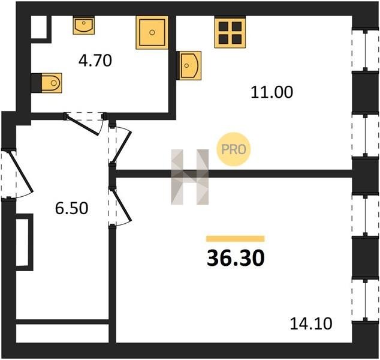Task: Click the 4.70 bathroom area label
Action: [x=95, y=61]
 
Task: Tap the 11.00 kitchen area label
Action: [x=272, y=92]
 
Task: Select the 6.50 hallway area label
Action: [x=71, y=208]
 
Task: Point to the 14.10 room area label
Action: [x=311, y=323]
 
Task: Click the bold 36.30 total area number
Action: [x=236, y=258]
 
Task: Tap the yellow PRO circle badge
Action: [x=233, y=149]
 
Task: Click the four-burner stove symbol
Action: [x=230, y=32]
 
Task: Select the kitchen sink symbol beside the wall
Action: [x=190, y=65]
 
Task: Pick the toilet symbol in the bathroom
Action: [x=52, y=83]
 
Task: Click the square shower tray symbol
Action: [x=152, y=32]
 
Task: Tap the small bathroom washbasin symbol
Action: [x=83, y=25]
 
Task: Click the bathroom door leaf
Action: [x=83, y=125]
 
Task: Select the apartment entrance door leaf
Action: [x=20, y=171]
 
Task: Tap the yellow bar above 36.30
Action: [x=236, y=239]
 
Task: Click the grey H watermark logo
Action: [x=190, y=177]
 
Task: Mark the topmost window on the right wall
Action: [x=366, y=50]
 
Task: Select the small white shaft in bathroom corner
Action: [x=39, y=27]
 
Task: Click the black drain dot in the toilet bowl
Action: [x=54, y=83]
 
